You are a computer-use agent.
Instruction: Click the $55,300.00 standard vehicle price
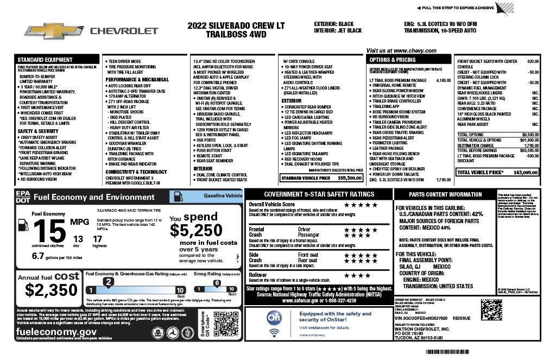pyautogui.click(x=350, y=178)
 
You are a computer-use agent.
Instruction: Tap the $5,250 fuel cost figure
pyautogui.click(x=195, y=230)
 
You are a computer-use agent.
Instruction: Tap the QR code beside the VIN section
pyautogui.click(x=491, y=311)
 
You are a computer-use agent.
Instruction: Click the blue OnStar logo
pyautogui.click(x=274, y=317)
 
